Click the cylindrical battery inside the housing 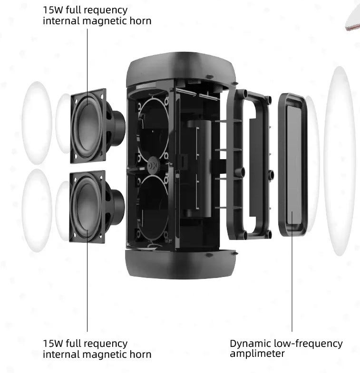point(199,168)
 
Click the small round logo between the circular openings point(153,165)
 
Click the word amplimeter point(257,354)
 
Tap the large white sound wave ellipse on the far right point(340,161)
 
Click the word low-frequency point(308,344)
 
